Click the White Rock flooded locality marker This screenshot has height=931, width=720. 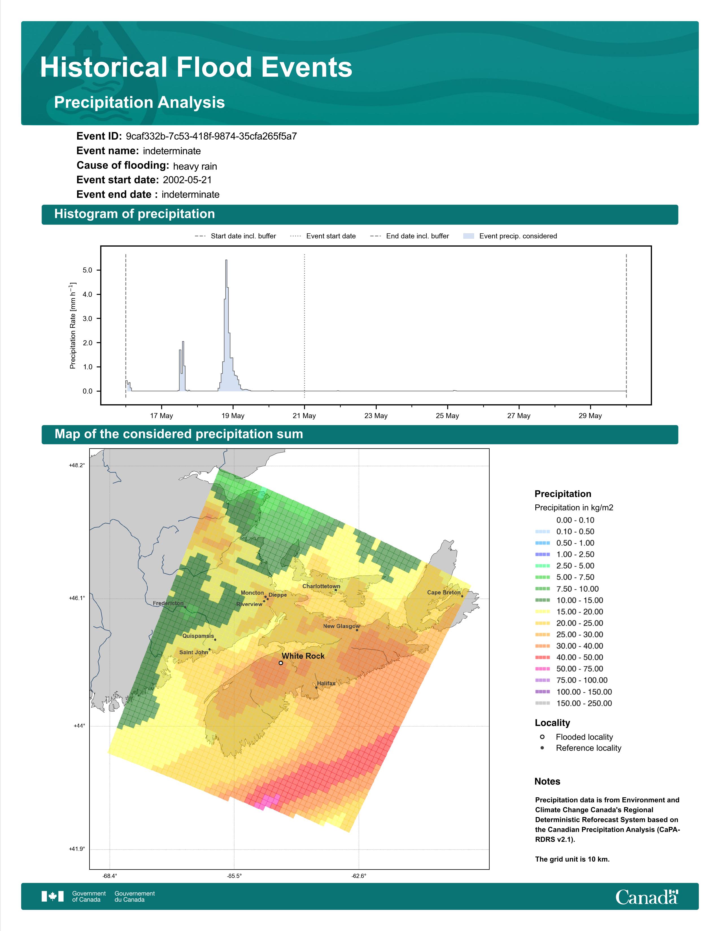(281, 663)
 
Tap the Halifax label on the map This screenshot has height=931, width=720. (326, 683)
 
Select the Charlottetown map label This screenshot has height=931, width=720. (321, 586)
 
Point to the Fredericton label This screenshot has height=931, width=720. (168, 603)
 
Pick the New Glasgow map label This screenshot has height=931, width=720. (342, 626)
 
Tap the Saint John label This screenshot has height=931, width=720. (194, 652)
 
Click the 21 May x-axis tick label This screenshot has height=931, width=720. (304, 416)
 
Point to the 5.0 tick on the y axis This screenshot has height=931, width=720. (88, 270)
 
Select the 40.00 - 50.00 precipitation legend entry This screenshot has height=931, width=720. (570, 657)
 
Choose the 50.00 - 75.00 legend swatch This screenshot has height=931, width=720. (542, 669)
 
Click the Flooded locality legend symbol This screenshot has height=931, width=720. (542, 737)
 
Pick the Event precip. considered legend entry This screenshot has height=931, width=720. (510, 236)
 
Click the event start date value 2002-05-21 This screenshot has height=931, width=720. (187, 180)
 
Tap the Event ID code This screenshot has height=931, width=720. (211, 137)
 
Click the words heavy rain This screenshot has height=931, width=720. (195, 166)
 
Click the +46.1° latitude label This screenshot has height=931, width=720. (77, 598)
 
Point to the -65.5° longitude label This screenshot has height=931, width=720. (234, 876)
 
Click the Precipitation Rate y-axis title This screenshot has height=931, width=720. (73, 325)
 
